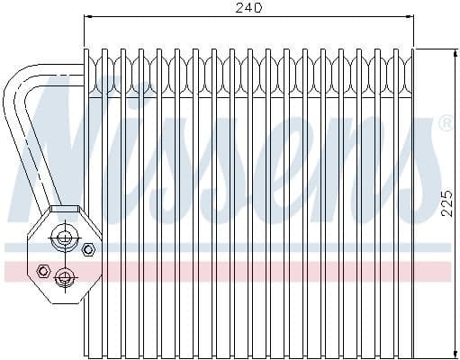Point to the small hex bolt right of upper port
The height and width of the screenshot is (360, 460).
tap(87, 248)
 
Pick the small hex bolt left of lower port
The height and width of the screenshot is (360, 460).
tap(41, 269)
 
